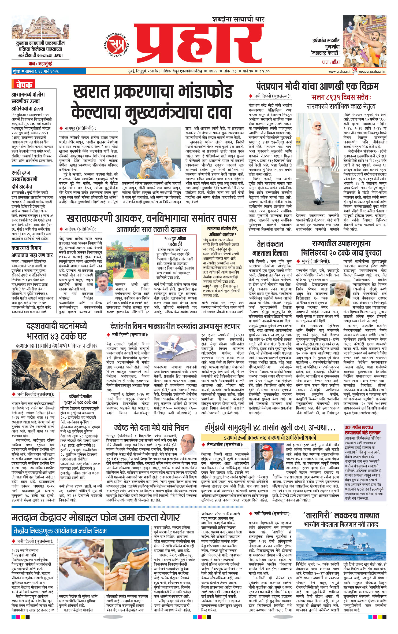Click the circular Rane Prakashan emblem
tap(116, 44)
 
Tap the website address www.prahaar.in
tap(340, 71)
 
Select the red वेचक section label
tap(24, 85)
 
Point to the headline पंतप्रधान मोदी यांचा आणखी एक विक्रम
tap(317, 86)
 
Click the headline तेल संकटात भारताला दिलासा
tap(270, 248)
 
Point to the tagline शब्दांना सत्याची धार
tap(238, 19)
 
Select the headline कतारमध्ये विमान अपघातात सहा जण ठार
tap(32, 251)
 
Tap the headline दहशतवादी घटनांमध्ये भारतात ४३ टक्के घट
tap(57, 331)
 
